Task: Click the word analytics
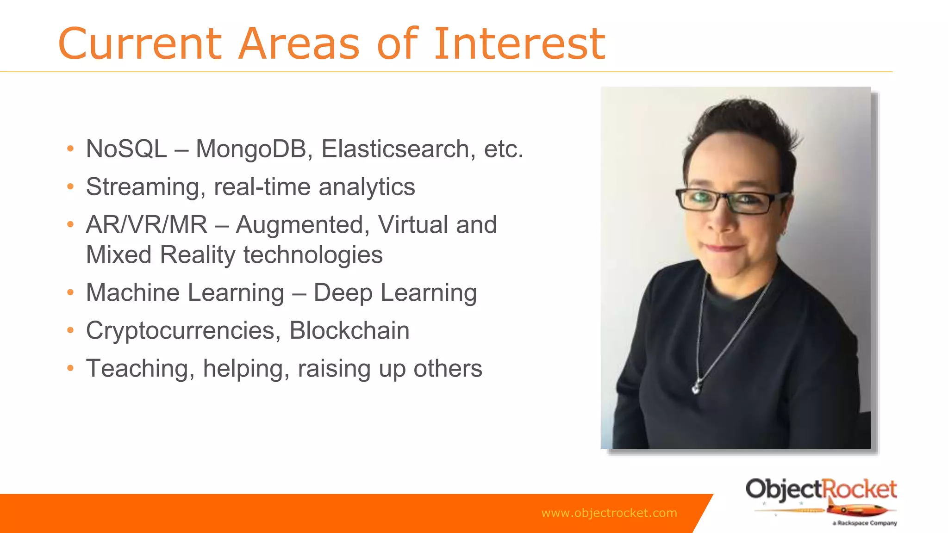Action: pyautogui.click(x=367, y=187)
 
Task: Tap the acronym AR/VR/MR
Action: pyautogui.click(x=147, y=225)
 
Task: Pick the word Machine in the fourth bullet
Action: pyautogui.click(x=133, y=293)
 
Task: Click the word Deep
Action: pyautogui.click(x=343, y=293)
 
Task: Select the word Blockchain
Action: pyautogui.click(x=349, y=331)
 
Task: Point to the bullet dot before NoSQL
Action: pyautogui.click(x=70, y=149)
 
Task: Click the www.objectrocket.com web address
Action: pyautogui.click(x=609, y=513)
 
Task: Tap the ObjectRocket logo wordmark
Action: pyautogui.click(x=821, y=490)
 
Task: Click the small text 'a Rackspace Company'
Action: pyautogui.click(x=865, y=523)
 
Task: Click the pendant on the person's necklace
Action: pyautogui.click(x=696, y=389)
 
